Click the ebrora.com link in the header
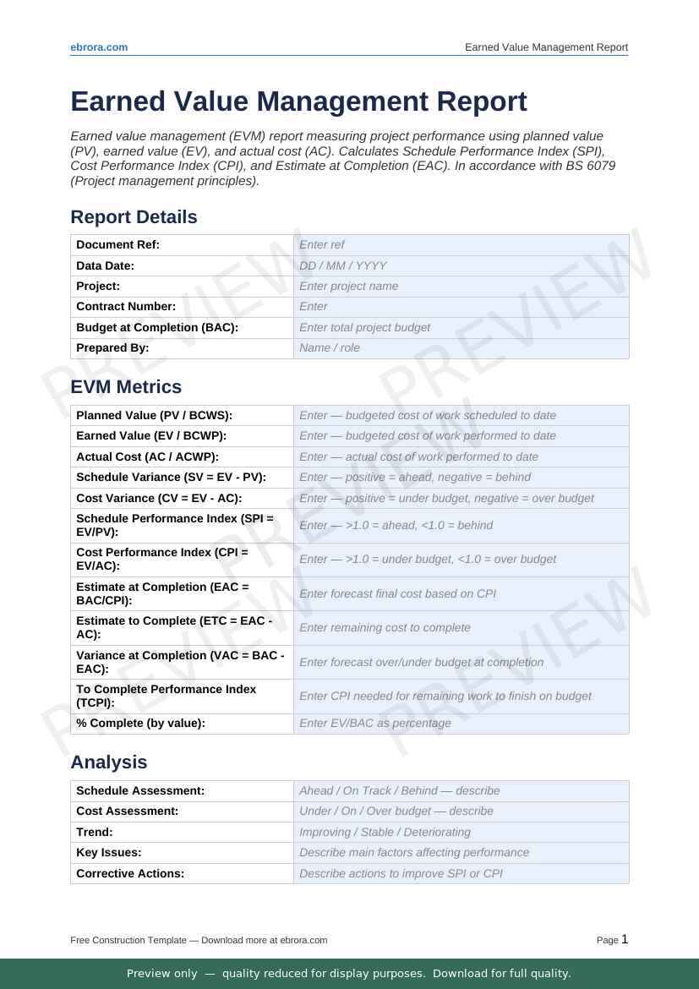click(x=99, y=47)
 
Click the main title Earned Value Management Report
click(x=298, y=101)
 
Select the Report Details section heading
click(x=134, y=217)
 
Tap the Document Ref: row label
click(x=117, y=245)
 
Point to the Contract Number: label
click(x=126, y=307)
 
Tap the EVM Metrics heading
click(x=126, y=387)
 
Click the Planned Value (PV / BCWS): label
click(x=154, y=416)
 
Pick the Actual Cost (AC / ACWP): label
click(x=147, y=456)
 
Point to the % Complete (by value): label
click(x=140, y=724)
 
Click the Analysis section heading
click(x=109, y=762)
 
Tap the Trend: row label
click(x=95, y=832)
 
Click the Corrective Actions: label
click(x=130, y=873)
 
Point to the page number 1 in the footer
click(x=625, y=939)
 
